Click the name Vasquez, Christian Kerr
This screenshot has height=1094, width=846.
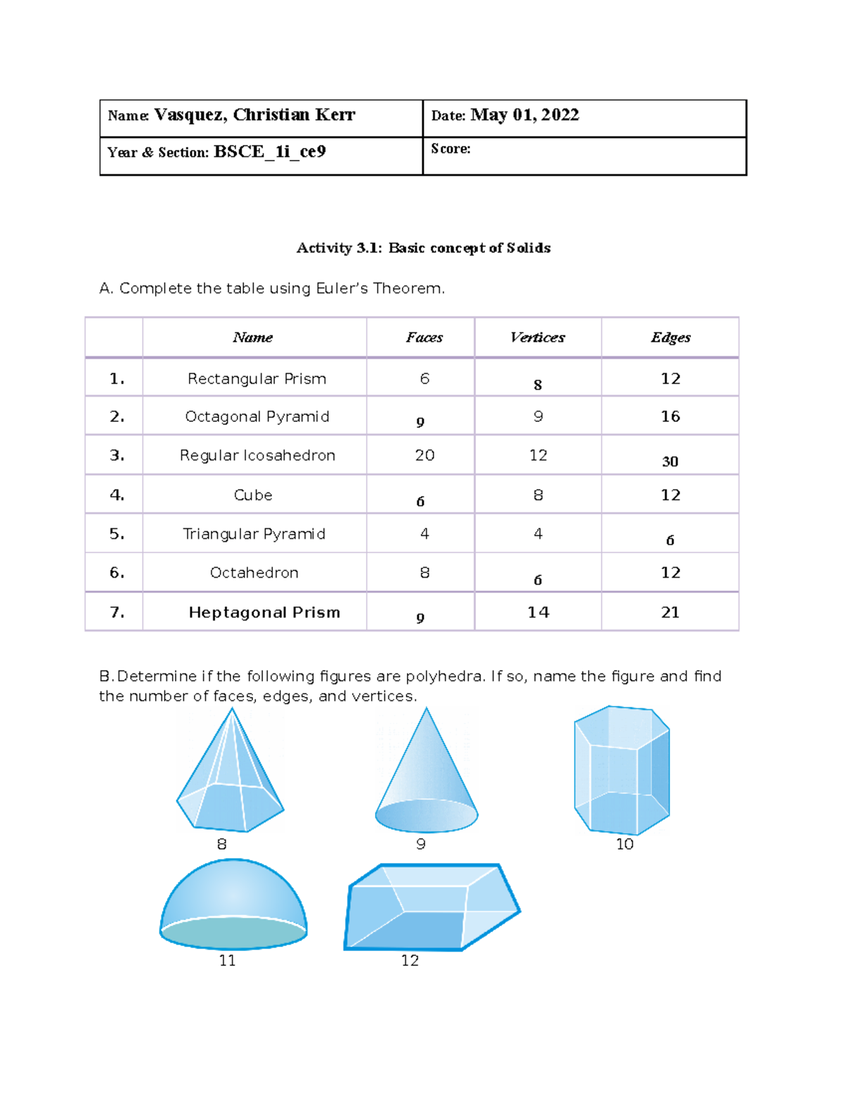pos(255,116)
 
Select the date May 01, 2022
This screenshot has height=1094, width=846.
pos(525,116)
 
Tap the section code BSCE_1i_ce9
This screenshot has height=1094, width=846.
pos(269,152)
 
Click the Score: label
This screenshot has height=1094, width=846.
pos(450,149)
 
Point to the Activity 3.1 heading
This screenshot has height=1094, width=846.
pos(423,248)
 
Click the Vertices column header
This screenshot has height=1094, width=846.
pos(537,337)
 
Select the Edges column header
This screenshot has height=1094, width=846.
pos(670,337)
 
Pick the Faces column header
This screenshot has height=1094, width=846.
pos(424,337)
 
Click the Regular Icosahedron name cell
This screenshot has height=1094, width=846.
pos(257,456)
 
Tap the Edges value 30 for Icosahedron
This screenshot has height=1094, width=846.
pos(670,461)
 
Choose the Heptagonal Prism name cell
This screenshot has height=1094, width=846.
pos(264,613)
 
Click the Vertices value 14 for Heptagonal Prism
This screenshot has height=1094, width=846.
pos(538,613)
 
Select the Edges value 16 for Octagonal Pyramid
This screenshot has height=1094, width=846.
pos(670,416)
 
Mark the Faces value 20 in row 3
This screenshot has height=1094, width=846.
pos(424,456)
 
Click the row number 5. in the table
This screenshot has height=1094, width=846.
pos(117,534)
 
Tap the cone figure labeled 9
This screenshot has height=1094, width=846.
pos(427,778)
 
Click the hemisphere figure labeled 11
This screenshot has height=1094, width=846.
pos(233,905)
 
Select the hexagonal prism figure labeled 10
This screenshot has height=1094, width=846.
pos(622,770)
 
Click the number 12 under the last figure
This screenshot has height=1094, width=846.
pos(410,961)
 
